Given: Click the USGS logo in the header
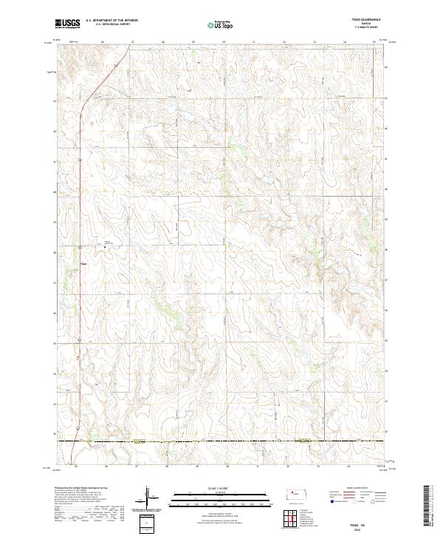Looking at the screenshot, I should point(68,24).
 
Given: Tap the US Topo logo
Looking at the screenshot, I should point(221,24).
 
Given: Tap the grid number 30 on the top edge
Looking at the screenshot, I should point(223,41).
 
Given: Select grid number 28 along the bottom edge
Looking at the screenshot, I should point(168,467).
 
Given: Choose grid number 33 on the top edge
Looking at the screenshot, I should point(314,41).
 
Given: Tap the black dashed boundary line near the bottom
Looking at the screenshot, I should point(221,441).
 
